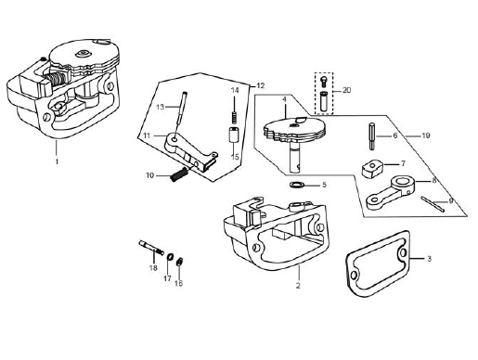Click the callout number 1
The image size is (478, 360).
57,161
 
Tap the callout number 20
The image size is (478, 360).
346,90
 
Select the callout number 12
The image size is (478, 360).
261,85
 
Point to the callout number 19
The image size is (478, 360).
426,135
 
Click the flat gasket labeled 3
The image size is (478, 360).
376,264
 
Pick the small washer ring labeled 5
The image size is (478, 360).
296,185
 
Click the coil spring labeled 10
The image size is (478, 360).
179,174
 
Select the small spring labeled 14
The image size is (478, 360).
235,117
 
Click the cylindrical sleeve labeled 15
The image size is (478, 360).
234,135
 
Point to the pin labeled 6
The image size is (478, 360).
372,136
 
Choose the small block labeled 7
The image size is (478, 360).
372,168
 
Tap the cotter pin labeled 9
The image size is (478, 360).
433,204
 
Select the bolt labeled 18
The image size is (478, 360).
151,248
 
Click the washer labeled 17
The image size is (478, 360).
170,257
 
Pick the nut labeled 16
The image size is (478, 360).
178,262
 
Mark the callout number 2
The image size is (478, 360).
298,286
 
